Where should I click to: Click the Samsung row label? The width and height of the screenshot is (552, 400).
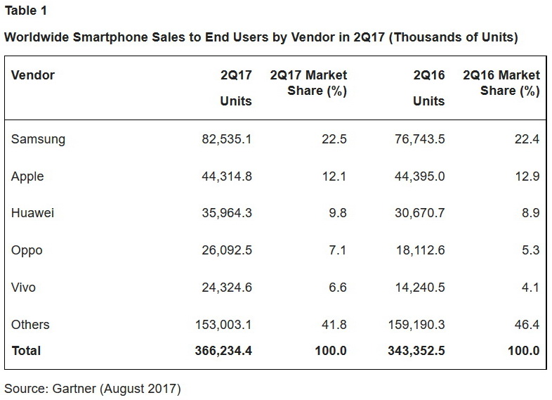click(38, 139)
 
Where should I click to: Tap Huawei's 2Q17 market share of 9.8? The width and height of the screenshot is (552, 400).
click(337, 214)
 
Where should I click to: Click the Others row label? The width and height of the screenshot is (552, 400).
click(30, 325)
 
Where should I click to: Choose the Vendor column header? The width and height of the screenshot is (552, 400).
click(33, 75)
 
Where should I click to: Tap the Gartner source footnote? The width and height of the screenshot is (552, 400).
click(93, 389)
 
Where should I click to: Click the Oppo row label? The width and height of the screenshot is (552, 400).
click(27, 251)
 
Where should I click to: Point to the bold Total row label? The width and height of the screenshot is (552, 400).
click(26, 350)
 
